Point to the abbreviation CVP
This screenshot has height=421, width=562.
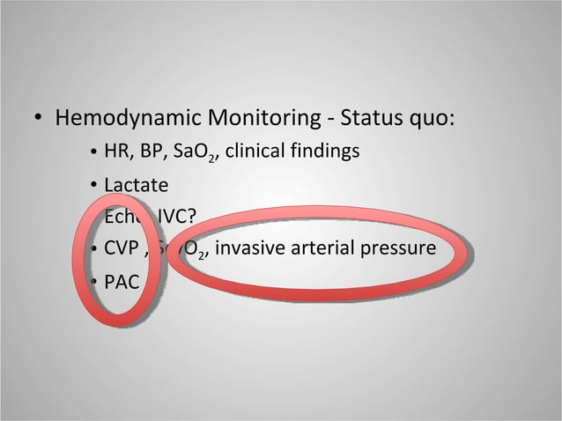122,249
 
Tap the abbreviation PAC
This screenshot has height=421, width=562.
121,282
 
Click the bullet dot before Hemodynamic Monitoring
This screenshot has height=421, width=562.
39,118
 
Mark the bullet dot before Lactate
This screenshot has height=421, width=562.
92,187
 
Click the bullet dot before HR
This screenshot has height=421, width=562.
92,153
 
